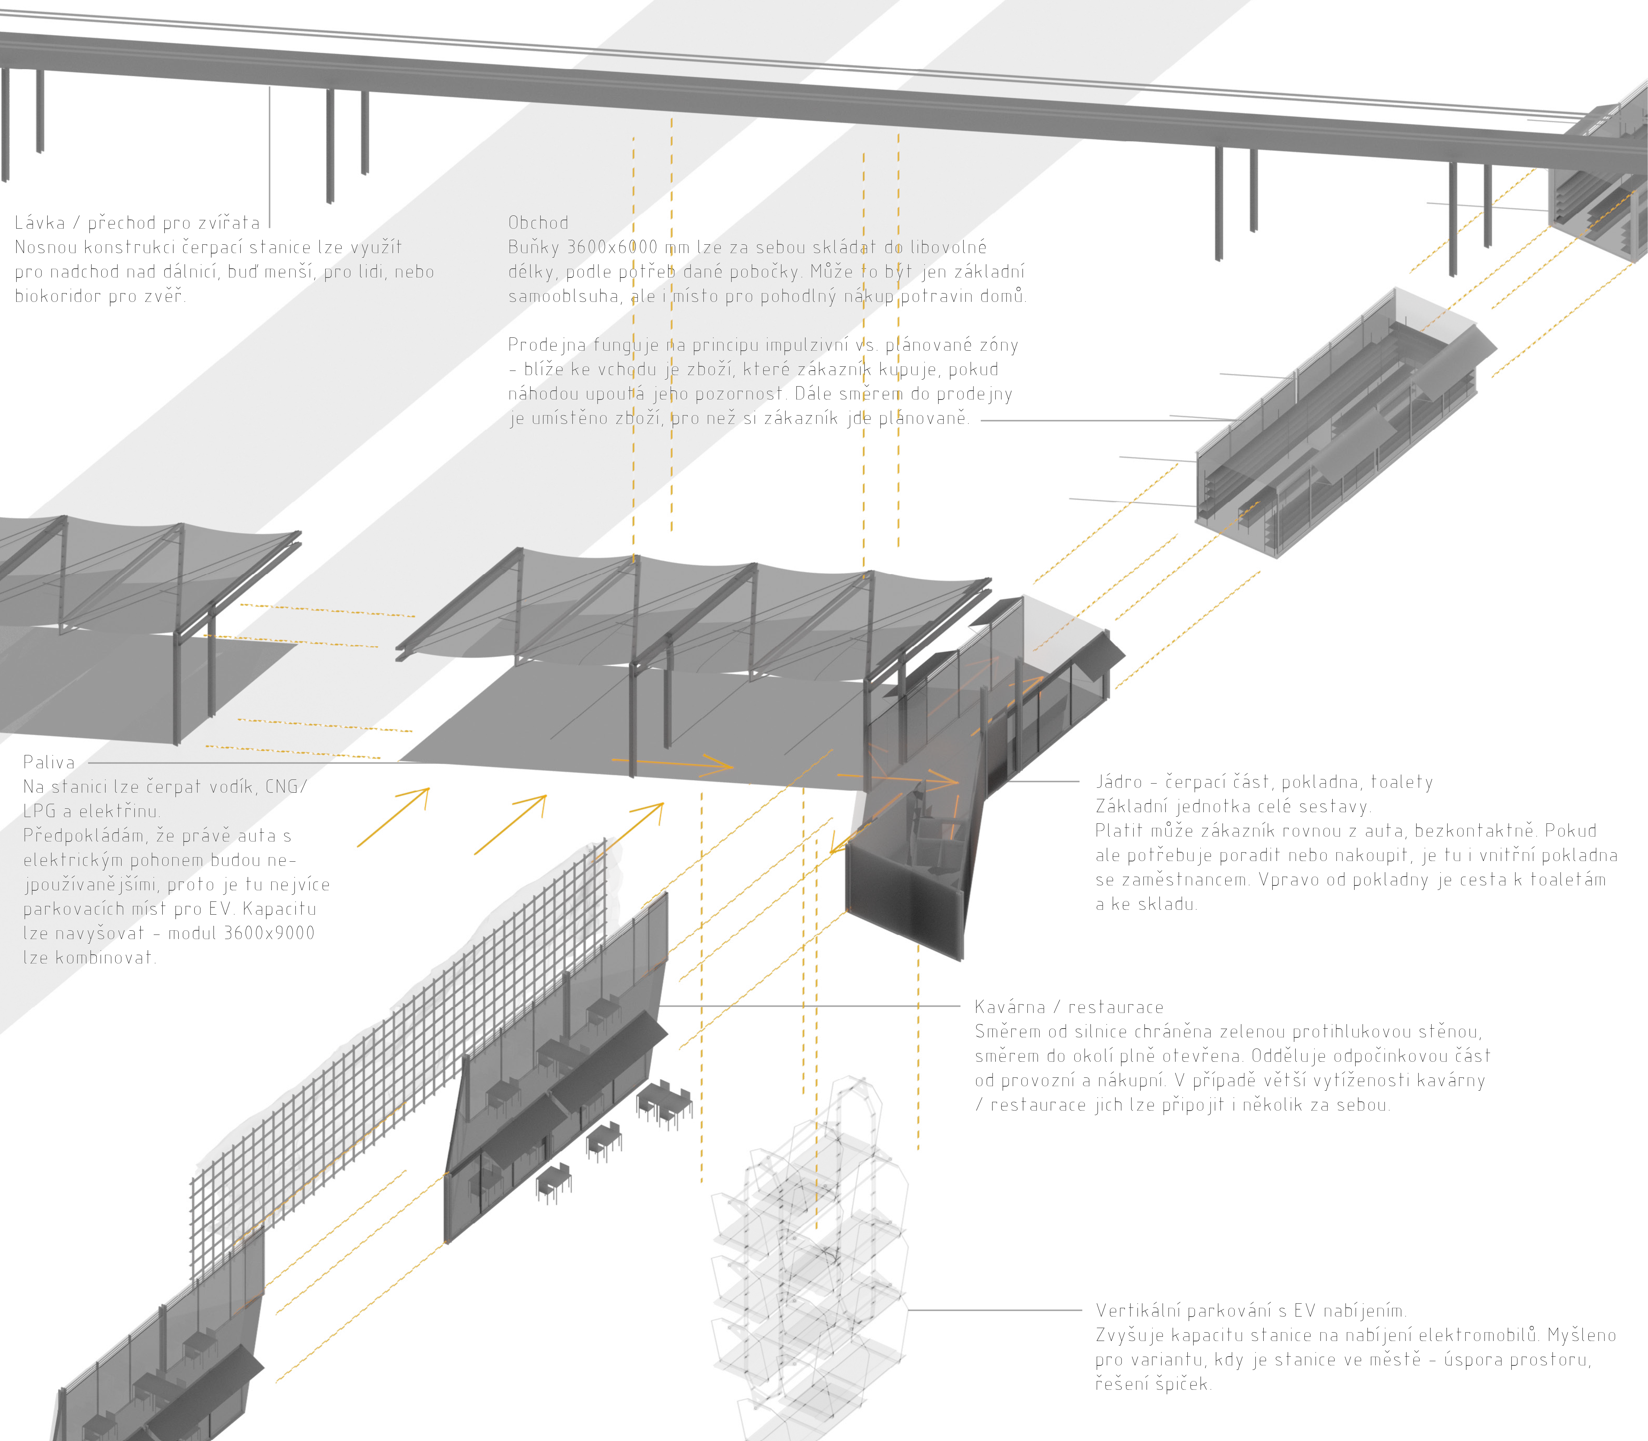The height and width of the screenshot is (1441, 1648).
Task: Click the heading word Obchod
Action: [538, 223]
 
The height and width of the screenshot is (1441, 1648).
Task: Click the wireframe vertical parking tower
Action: [812, 1263]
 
